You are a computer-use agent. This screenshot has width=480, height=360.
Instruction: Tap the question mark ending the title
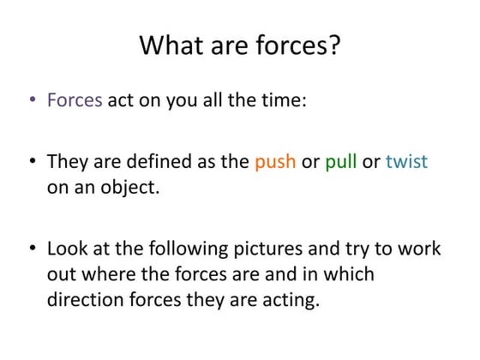(334, 45)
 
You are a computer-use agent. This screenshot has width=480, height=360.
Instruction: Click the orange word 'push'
(274, 162)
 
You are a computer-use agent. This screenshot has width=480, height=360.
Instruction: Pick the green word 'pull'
(340, 162)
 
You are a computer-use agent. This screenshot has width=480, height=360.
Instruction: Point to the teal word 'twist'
(406, 162)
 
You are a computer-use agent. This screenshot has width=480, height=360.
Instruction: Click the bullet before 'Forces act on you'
(31, 100)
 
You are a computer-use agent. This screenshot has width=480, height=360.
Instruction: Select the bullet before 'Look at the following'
(31, 249)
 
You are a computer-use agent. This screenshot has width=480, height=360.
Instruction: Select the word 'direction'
(82, 301)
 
